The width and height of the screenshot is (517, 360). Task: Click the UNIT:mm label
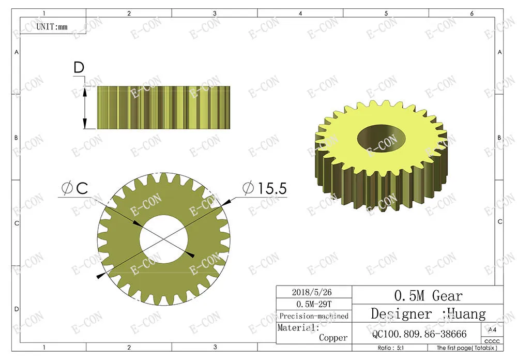click(52, 26)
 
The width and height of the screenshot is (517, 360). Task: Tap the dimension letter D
click(79, 67)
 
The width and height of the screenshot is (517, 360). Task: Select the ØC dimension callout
click(75, 188)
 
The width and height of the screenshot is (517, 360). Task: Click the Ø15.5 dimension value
click(265, 188)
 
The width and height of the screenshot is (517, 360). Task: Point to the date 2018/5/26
click(312, 292)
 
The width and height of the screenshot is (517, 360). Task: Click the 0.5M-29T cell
click(314, 304)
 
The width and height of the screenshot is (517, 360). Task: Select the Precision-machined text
click(314, 316)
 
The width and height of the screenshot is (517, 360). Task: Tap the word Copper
click(333, 338)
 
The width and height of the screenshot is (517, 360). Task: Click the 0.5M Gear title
click(428, 295)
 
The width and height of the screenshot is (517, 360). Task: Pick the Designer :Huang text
click(428, 314)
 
